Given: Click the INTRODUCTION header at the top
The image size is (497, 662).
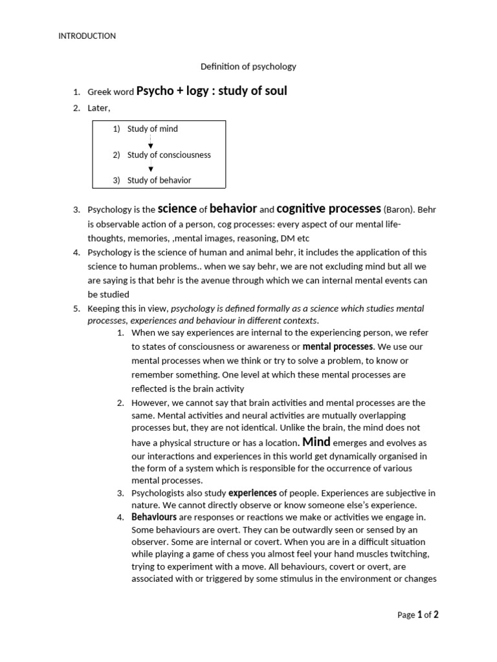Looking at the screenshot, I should point(87,36).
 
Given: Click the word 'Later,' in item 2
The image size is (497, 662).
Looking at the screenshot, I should point(99,108).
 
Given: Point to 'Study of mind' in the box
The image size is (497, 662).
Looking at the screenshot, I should point(152,129).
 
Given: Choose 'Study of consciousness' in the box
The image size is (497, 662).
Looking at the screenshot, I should point(169,155).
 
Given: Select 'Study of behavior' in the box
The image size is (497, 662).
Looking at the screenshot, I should point(159,180).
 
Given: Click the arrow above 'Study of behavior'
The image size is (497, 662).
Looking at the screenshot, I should point(151,169).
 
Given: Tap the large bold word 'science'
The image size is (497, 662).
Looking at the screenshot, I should point(177,208).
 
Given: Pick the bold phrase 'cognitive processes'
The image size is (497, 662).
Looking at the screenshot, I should point(329,208).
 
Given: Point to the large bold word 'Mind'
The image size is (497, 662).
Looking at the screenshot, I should point(316,442).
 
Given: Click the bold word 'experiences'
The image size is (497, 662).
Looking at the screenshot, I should point(252,493).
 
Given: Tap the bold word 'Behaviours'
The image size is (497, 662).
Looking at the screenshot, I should point(154,517).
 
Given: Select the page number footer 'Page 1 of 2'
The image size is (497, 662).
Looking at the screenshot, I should point(417,615).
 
